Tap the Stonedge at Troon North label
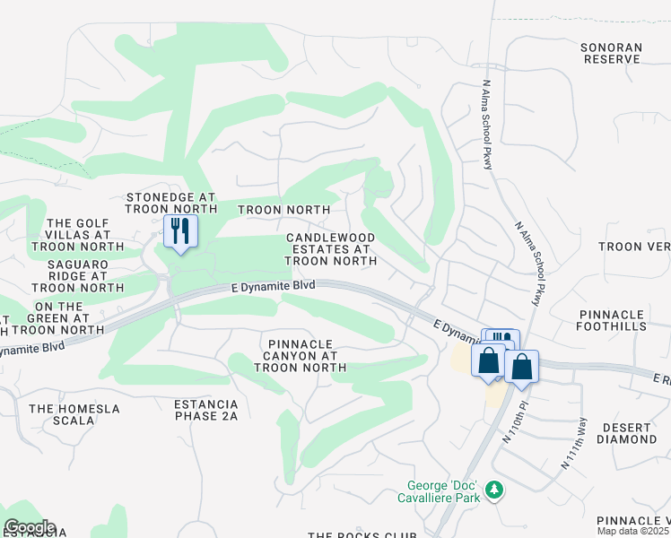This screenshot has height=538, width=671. click(171, 203)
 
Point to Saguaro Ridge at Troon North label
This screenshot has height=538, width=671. click(78, 276)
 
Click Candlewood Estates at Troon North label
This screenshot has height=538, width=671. click(330, 249)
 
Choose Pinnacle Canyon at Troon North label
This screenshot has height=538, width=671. click(301, 356)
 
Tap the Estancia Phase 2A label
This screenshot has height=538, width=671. click(206, 410)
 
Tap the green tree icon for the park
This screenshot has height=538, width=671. click(493, 490)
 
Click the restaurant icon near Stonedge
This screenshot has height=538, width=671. click(180, 233)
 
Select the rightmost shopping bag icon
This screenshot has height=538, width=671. click(521, 367)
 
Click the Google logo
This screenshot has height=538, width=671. click(29, 527)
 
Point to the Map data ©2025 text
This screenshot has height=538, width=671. click(633, 532)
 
